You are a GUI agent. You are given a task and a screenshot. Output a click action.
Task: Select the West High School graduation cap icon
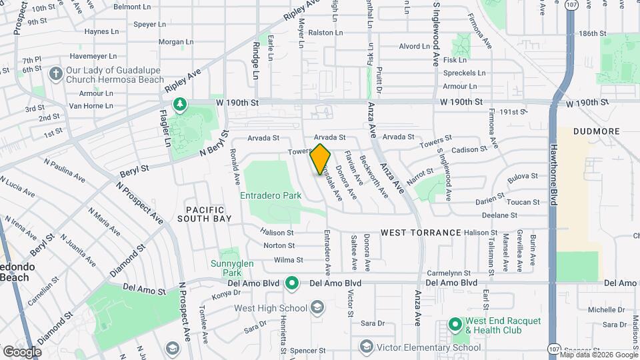coord(317,307)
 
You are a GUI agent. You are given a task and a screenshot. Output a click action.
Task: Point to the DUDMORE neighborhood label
coord(595,131)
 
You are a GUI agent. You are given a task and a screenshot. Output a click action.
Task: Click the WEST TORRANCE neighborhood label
coord(421,233)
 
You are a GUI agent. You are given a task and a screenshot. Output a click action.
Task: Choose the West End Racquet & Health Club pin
coord(455,325)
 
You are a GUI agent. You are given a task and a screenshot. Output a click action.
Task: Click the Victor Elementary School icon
coord(365,347)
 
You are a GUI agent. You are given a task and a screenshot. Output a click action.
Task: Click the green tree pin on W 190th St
coord(179,104)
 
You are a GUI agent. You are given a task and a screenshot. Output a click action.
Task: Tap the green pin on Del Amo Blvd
coord(291,283)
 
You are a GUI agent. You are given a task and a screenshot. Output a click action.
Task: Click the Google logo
coord(22,351)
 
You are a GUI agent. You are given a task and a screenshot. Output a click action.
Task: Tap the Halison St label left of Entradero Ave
coord(277,233)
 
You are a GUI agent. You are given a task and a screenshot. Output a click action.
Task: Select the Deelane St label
coord(499,215)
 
